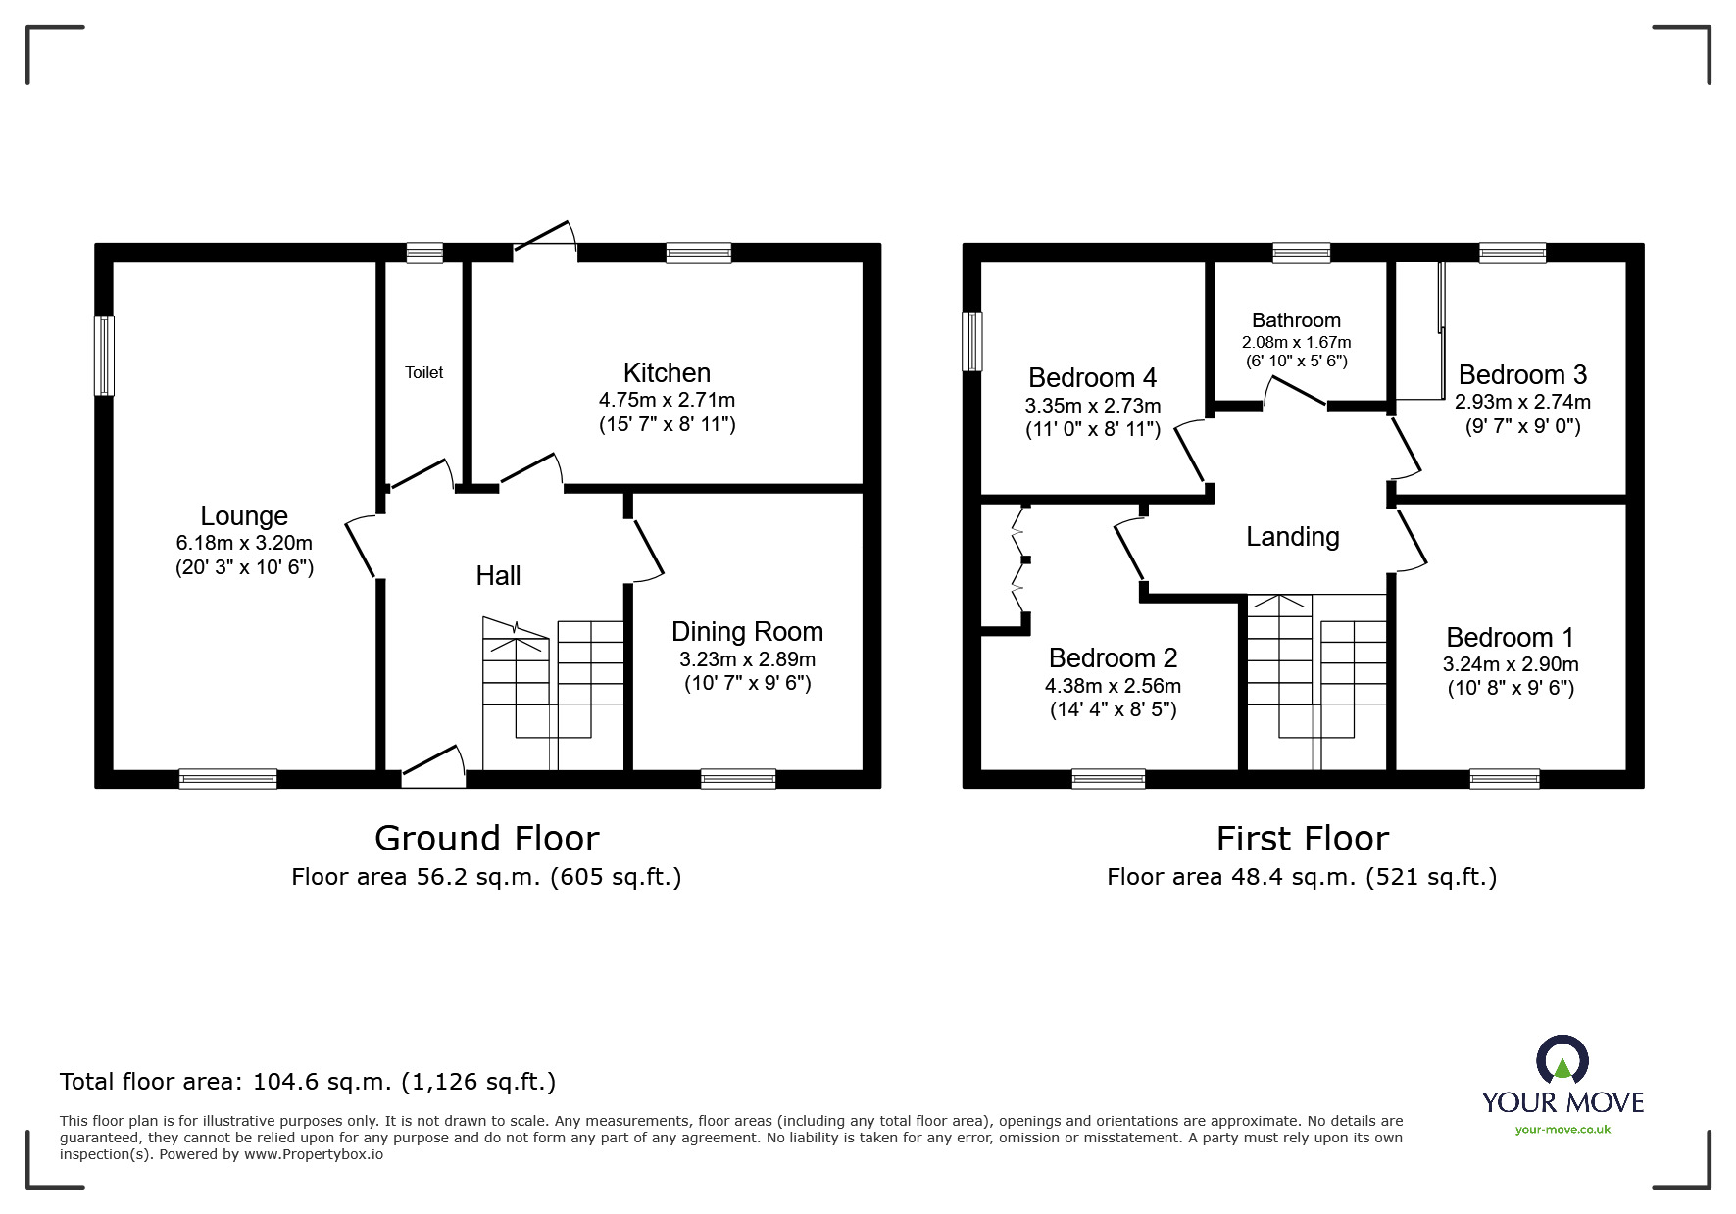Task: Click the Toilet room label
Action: point(424,372)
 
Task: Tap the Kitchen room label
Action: point(667,372)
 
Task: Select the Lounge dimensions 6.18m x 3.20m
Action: point(244,543)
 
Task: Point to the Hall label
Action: point(498,575)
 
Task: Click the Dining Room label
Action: point(747,632)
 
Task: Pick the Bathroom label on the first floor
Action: point(1296,320)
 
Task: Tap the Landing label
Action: point(1293,537)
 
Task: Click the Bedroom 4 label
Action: point(1093,377)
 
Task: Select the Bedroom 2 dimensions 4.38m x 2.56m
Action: point(1113,686)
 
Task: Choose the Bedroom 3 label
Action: point(1522,374)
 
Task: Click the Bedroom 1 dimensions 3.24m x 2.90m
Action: point(1511,664)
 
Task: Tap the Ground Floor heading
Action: point(486,839)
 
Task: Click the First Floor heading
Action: point(1303,840)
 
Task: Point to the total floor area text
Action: point(308,1082)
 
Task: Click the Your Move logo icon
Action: point(1562,1061)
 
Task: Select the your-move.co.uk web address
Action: point(1562,1130)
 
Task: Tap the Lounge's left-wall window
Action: point(104,356)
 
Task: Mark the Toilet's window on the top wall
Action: point(424,253)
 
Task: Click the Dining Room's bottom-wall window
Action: point(738,779)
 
